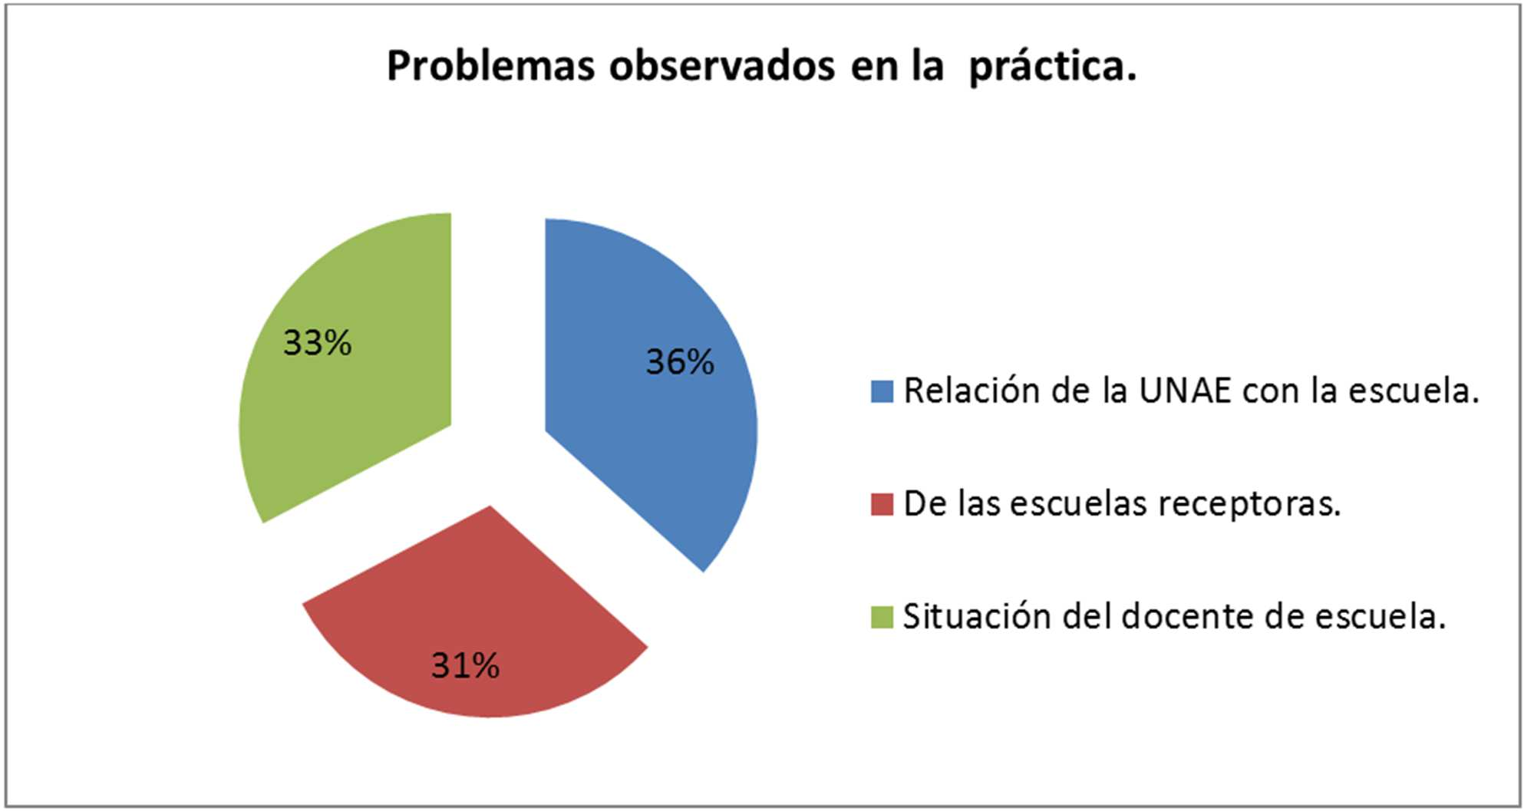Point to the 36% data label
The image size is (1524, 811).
point(680,362)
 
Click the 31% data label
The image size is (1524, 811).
point(465,665)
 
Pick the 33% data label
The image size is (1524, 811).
point(317,343)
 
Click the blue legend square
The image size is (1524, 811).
point(882,391)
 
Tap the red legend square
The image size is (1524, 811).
point(882,504)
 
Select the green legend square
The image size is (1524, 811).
point(882,617)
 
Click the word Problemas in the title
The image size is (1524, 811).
point(491,66)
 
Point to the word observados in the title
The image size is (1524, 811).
point(722,66)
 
